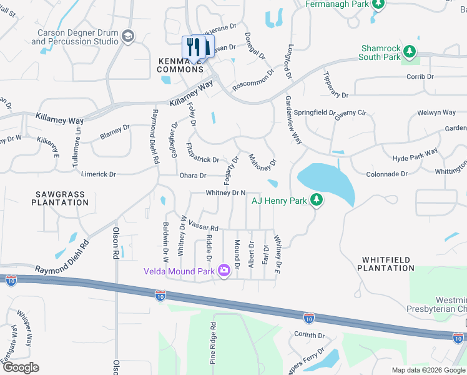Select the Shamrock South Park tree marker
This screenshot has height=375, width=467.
tap(409, 50)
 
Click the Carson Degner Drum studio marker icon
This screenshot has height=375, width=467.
tap(129, 36)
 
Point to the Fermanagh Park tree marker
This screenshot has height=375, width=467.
tap(378, 4)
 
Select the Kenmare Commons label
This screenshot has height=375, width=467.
tap(180, 65)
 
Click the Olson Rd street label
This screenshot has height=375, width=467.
tap(116, 244)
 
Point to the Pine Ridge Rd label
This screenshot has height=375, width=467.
tap(213, 343)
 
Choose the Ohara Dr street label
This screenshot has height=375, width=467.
tap(192, 176)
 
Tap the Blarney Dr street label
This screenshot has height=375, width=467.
tap(115, 132)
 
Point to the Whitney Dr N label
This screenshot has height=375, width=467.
tap(225, 194)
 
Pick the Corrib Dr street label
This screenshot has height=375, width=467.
tap(420, 76)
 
